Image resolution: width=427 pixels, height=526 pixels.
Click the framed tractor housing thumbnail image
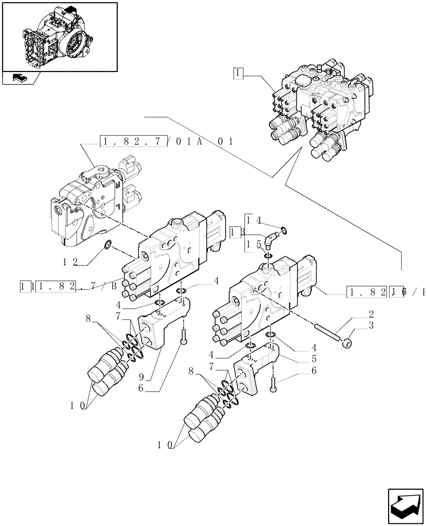coord(59,37)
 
